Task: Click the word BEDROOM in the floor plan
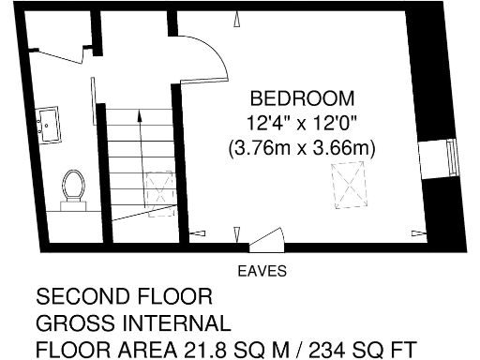point(302,98)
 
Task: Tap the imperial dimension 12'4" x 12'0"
point(302,123)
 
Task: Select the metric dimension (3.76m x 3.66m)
point(302,147)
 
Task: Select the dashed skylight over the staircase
point(158,193)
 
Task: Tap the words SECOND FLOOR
point(124,299)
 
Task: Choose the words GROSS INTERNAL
point(133,324)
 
